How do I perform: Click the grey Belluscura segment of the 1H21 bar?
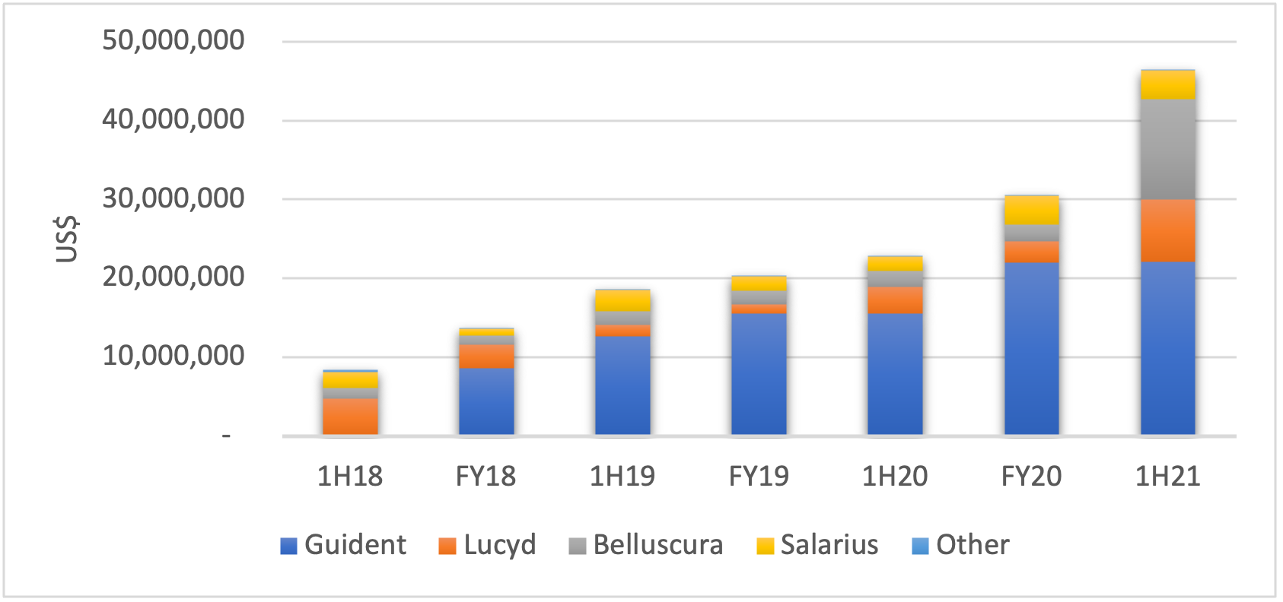(x=1167, y=150)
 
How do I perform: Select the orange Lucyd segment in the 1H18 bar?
(x=350, y=416)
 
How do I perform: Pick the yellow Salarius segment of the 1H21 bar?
(x=1167, y=85)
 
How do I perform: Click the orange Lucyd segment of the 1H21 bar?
(x=1167, y=230)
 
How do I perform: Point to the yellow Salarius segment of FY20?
(x=1031, y=211)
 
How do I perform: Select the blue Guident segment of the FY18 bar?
(x=486, y=401)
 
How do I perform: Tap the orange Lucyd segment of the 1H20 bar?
(x=895, y=300)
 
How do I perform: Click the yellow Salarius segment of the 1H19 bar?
(x=622, y=301)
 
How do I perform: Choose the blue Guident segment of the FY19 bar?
(x=759, y=373)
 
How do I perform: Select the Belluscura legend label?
(x=657, y=545)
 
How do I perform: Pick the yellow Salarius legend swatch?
(x=765, y=546)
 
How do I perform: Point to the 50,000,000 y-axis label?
(x=174, y=40)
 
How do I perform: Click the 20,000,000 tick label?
(x=174, y=277)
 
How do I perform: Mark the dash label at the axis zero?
(x=226, y=436)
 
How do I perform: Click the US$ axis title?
(x=67, y=239)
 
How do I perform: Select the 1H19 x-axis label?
(x=622, y=477)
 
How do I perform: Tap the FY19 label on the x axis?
(x=759, y=477)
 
